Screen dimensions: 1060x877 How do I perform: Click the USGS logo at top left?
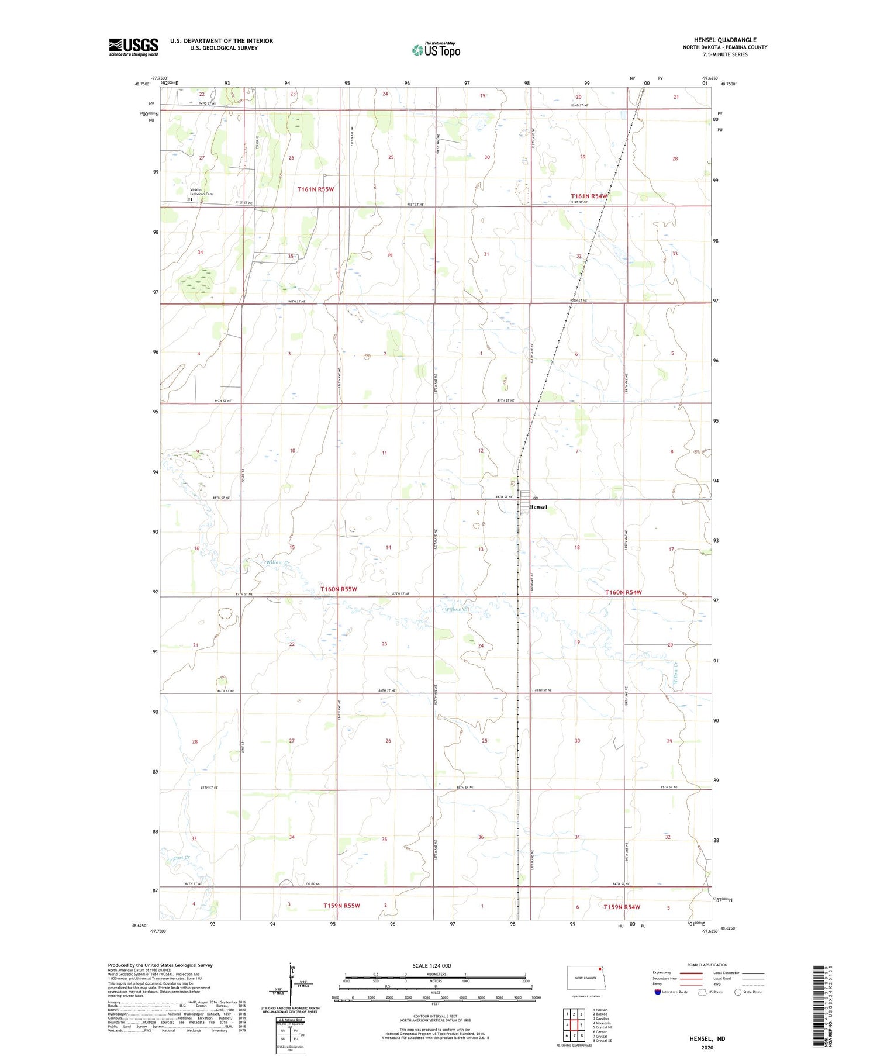(133, 47)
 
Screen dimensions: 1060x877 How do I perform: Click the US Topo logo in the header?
(436, 50)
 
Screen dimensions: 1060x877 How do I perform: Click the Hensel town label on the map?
(538, 507)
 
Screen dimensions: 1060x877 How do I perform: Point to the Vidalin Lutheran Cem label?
(201, 192)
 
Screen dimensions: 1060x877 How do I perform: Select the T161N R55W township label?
(315, 189)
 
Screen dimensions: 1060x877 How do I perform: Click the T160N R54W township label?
(623, 592)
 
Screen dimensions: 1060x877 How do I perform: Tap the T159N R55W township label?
(341, 906)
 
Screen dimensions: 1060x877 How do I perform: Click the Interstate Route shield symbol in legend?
(658, 992)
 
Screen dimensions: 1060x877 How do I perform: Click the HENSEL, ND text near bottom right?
(707, 1038)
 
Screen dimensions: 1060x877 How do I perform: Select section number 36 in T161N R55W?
(390, 254)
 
